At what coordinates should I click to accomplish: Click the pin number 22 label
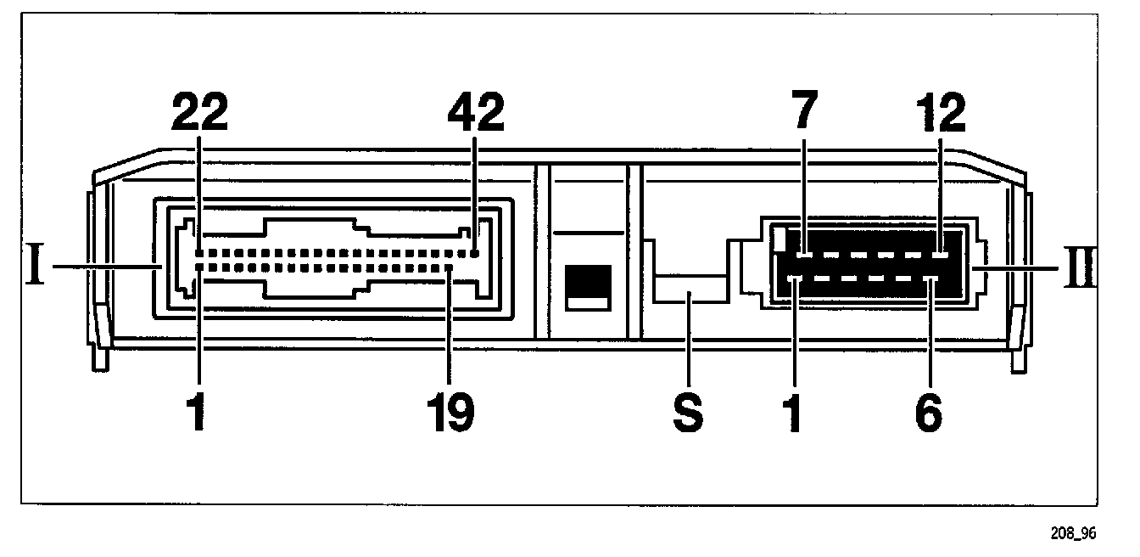point(199,113)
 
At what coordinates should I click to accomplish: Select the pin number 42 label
point(475,113)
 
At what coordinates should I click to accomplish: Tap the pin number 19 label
point(450,414)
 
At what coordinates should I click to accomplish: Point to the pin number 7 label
point(805,110)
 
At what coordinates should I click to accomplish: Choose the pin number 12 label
point(940,113)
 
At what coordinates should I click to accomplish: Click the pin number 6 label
point(929,414)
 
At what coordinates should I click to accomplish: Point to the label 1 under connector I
point(197,414)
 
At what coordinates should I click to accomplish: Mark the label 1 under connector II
point(794,414)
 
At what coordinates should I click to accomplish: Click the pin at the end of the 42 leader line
point(475,252)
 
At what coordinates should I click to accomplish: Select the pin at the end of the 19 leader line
point(450,268)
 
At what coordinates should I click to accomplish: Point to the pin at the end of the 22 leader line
point(199,252)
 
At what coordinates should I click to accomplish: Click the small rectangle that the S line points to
point(690,289)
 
